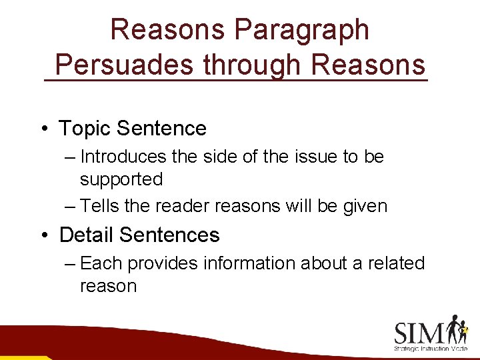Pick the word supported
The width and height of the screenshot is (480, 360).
pos(121,179)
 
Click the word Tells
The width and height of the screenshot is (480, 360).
pos(99,207)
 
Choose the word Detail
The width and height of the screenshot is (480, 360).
pos(87,235)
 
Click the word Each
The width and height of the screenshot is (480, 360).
pos(101,263)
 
